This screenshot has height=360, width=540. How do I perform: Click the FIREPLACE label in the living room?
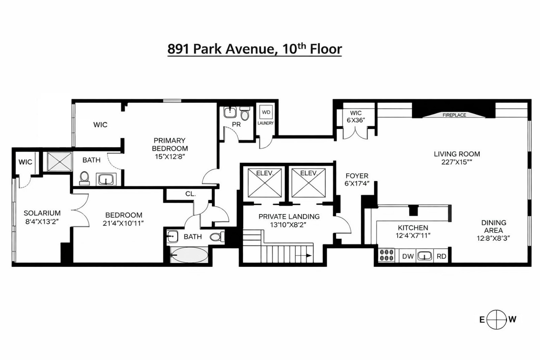(454, 115)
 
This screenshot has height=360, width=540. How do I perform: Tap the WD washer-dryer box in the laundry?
(266, 112)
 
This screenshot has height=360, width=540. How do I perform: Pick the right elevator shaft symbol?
(308, 183)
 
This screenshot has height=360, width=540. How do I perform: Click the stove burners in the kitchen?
(386, 255)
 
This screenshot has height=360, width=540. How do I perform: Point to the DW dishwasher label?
(408, 256)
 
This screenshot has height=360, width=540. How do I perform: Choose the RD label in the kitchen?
(441, 256)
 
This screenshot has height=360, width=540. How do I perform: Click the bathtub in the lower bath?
(188, 255)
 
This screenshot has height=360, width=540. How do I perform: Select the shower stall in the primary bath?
(60, 161)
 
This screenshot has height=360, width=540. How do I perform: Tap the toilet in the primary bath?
(84, 178)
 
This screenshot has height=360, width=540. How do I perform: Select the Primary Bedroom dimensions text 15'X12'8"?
(170, 156)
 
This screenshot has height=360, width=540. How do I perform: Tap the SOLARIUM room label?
(42, 213)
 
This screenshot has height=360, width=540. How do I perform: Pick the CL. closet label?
(190, 194)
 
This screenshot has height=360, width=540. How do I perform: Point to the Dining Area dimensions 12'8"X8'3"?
(493, 237)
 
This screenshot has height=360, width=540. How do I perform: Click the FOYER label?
(357, 176)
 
